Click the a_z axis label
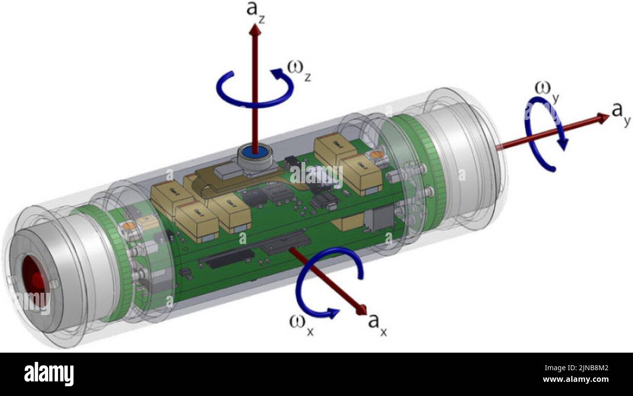pos(254,10)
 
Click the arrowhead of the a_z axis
pos(254,29)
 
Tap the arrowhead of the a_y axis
pos(603,117)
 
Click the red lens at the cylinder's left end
pos(35,283)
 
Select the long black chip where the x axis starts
pos(285,242)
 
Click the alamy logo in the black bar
pos(49,374)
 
